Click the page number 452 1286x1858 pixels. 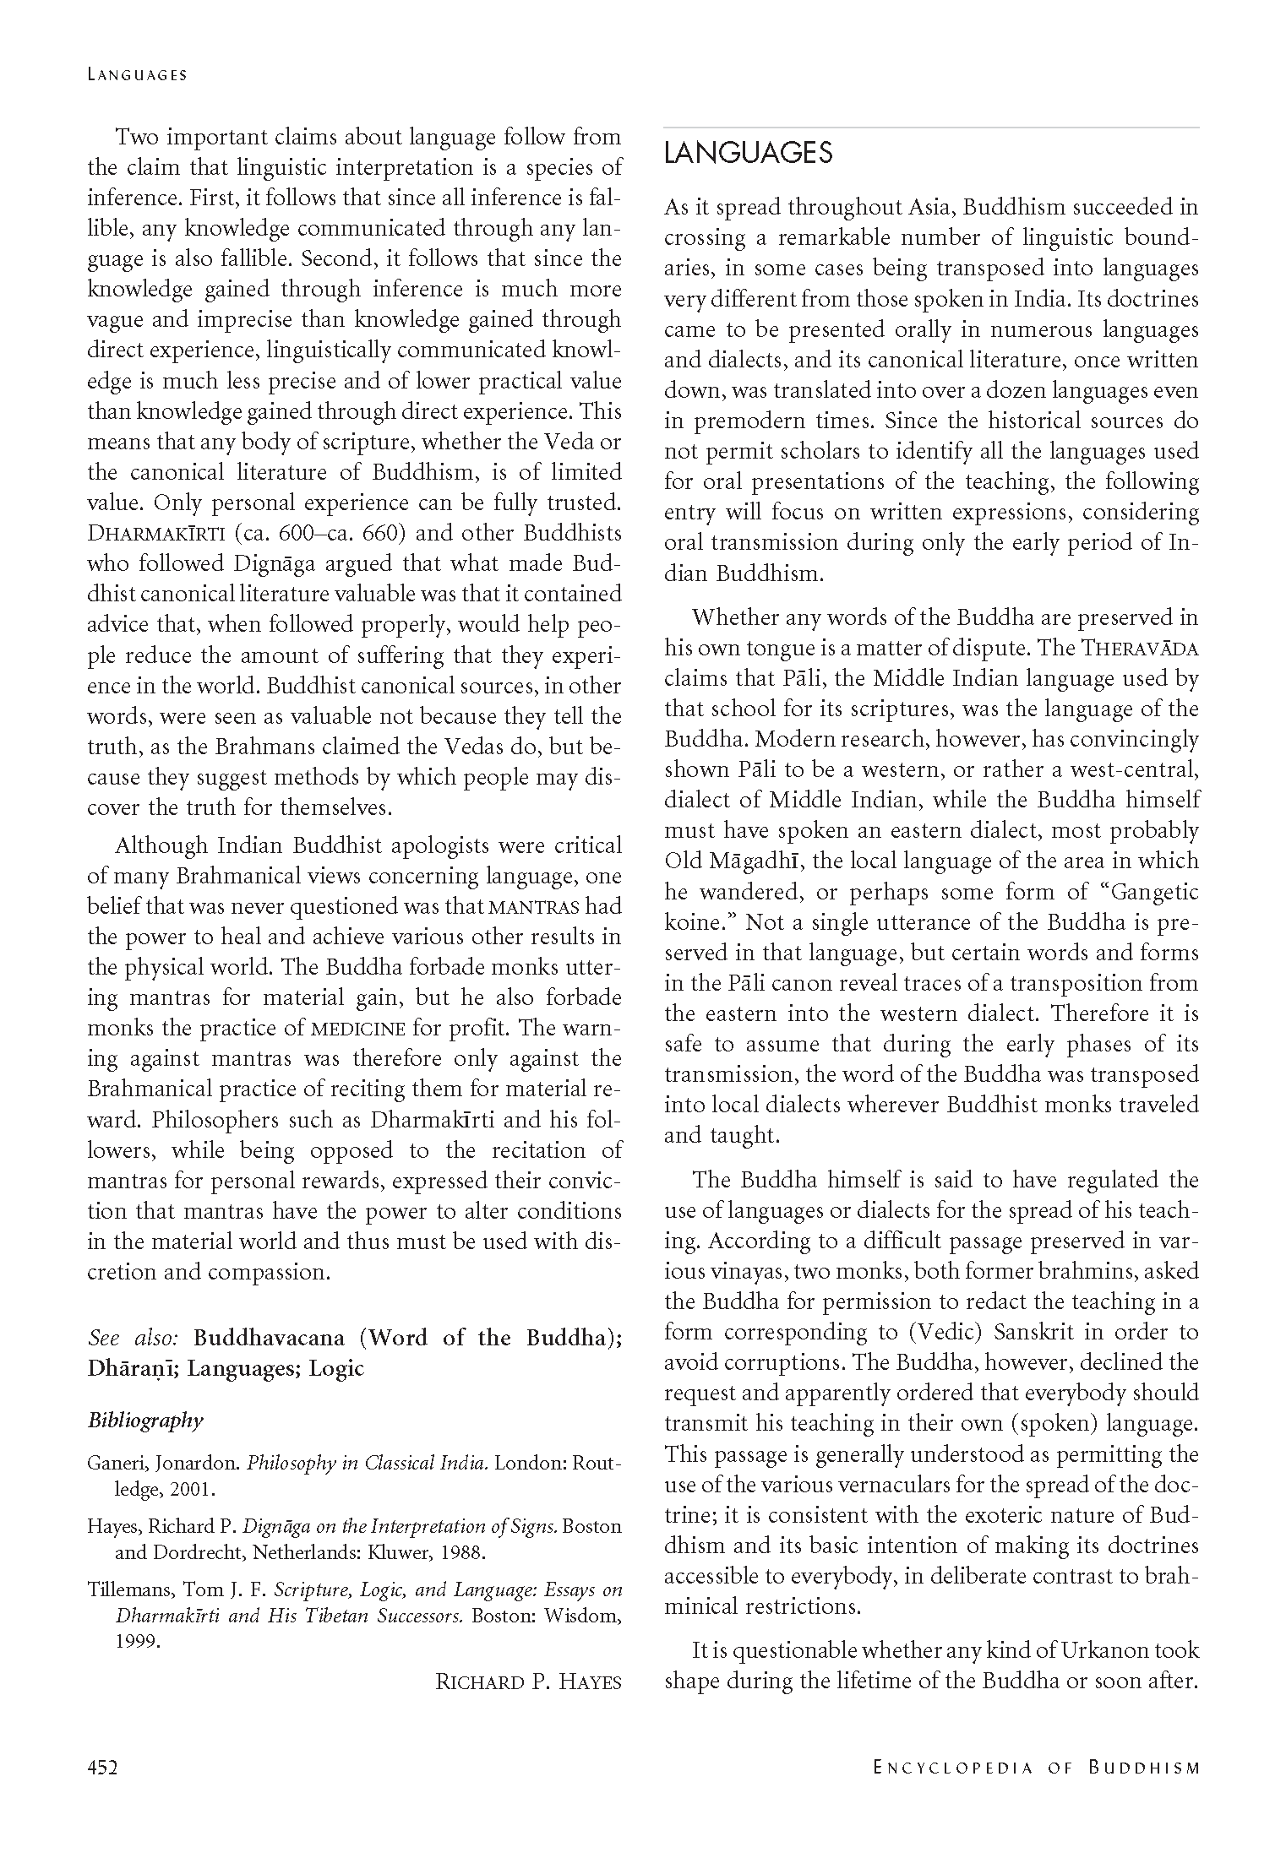(x=102, y=1767)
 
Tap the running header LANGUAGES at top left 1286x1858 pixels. (x=137, y=75)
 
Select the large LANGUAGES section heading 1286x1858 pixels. (x=748, y=153)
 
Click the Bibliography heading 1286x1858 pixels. (x=145, y=1420)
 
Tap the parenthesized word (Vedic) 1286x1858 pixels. (x=945, y=1333)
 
